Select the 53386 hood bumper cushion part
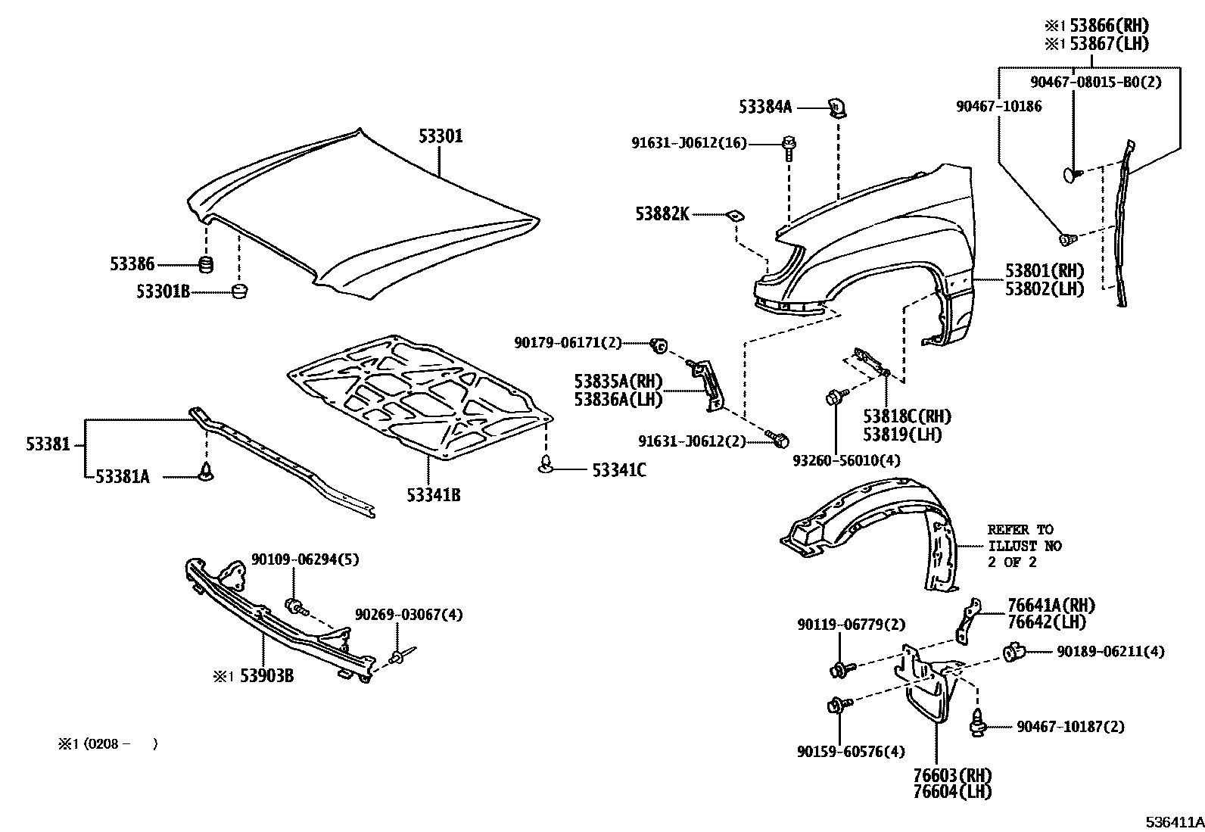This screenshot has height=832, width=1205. click(205, 265)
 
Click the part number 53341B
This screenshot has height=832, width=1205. click(433, 496)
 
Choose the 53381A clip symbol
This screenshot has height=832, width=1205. click(206, 473)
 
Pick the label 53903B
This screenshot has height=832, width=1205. click(266, 675)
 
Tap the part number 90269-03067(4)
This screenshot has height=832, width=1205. click(409, 614)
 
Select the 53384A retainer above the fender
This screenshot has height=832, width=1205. click(836, 108)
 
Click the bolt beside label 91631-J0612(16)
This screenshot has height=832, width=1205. click(788, 145)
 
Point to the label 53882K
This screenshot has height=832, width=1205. click(663, 215)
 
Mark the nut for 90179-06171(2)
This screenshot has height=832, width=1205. click(659, 346)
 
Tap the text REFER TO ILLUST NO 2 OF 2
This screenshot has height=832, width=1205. click(1024, 546)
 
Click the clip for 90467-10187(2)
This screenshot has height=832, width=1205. click(977, 726)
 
